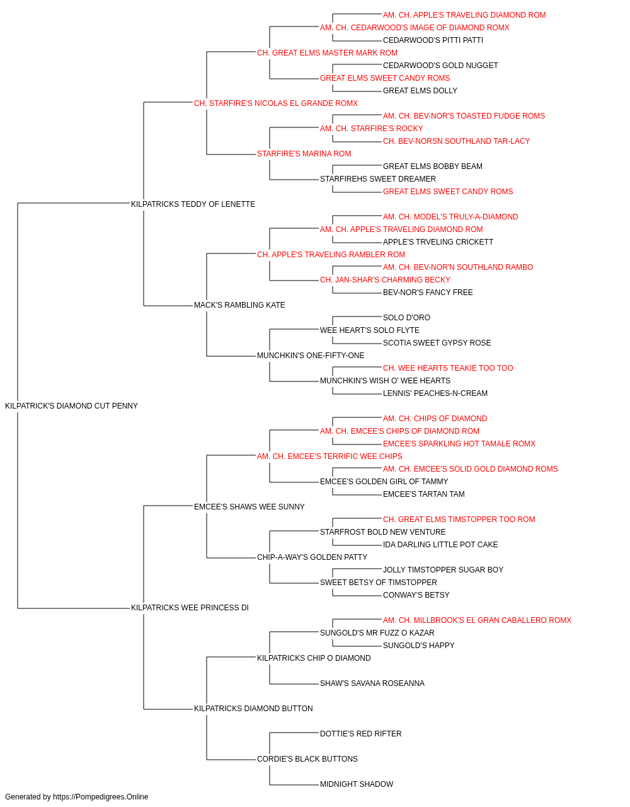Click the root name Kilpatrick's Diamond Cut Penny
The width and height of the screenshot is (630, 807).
point(71,406)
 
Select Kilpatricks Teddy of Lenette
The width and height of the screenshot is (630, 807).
point(193,204)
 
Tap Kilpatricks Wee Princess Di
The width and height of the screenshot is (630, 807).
point(190,608)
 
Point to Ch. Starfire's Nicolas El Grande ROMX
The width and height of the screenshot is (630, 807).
point(276,103)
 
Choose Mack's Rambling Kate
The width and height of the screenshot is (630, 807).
point(239,305)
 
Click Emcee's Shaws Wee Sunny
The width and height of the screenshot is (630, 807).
point(249,507)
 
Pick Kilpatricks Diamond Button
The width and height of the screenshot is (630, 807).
point(253,709)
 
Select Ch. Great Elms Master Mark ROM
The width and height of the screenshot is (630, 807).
point(327,53)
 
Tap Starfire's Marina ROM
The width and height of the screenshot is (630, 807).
point(304,154)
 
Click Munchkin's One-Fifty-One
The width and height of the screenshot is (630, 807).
point(311,356)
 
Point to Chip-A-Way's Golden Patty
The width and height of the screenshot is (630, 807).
point(312,557)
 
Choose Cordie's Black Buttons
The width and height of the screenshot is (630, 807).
point(307,759)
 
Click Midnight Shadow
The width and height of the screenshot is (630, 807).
point(357,784)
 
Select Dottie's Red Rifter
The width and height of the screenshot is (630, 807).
point(360,734)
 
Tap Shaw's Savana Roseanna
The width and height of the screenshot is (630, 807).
point(372,683)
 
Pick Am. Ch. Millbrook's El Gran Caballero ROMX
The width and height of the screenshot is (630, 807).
point(477,620)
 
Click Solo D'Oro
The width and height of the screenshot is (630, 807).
point(406,318)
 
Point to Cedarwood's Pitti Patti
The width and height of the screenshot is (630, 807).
point(433,40)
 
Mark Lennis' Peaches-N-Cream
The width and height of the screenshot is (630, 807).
point(435,393)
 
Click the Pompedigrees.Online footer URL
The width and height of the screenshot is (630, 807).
point(100,797)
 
